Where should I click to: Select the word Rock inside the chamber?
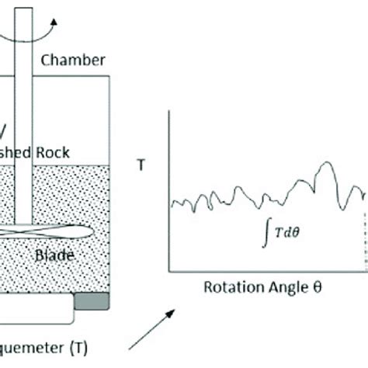tap(74, 153)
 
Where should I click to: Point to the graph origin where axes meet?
tap(170, 271)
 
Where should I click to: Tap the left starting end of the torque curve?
tap(171, 206)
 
